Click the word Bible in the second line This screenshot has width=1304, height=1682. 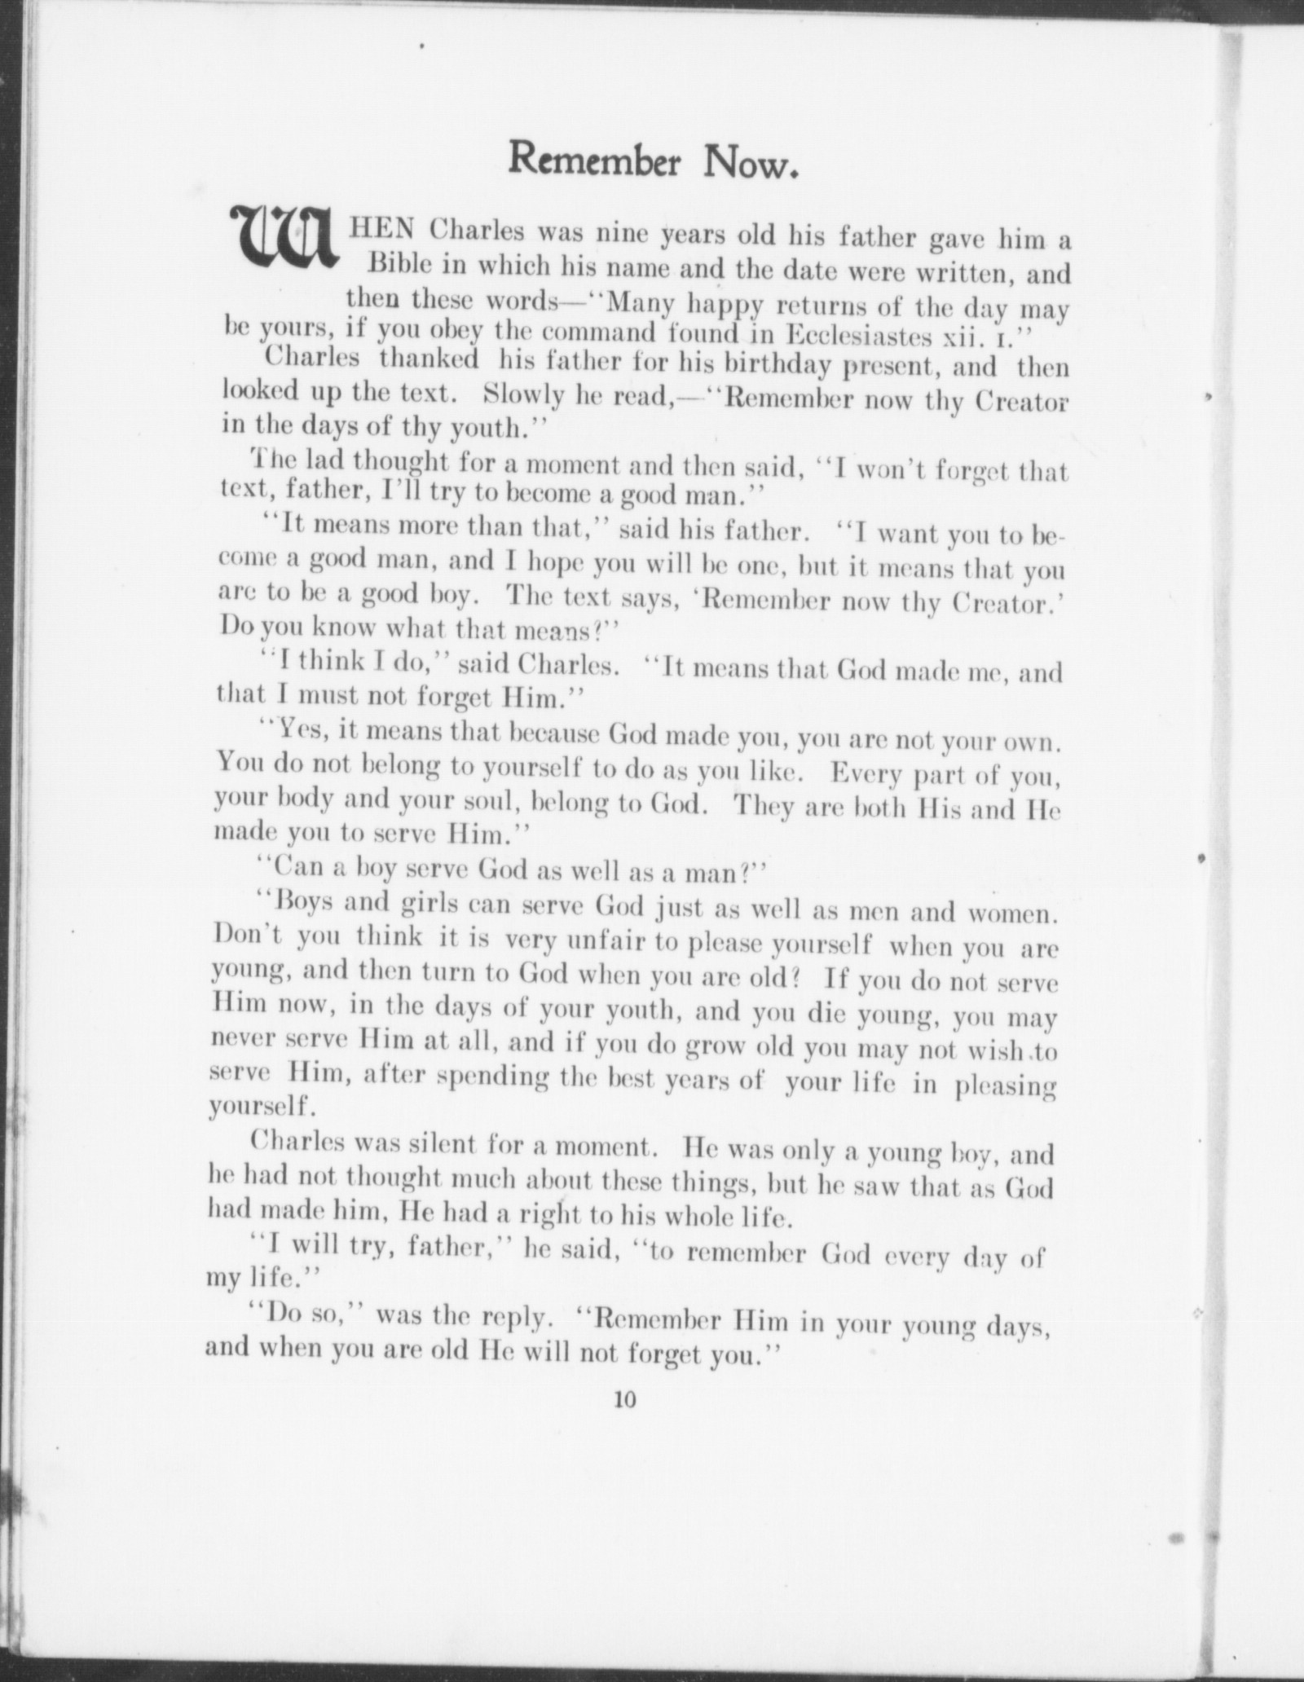(396, 264)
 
